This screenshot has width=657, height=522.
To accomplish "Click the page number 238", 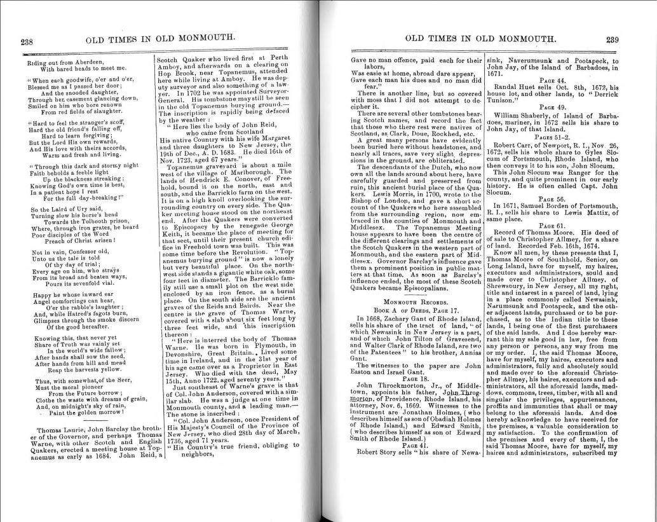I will tap(27, 42).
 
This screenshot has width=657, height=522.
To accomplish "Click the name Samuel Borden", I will tap(553, 206).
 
